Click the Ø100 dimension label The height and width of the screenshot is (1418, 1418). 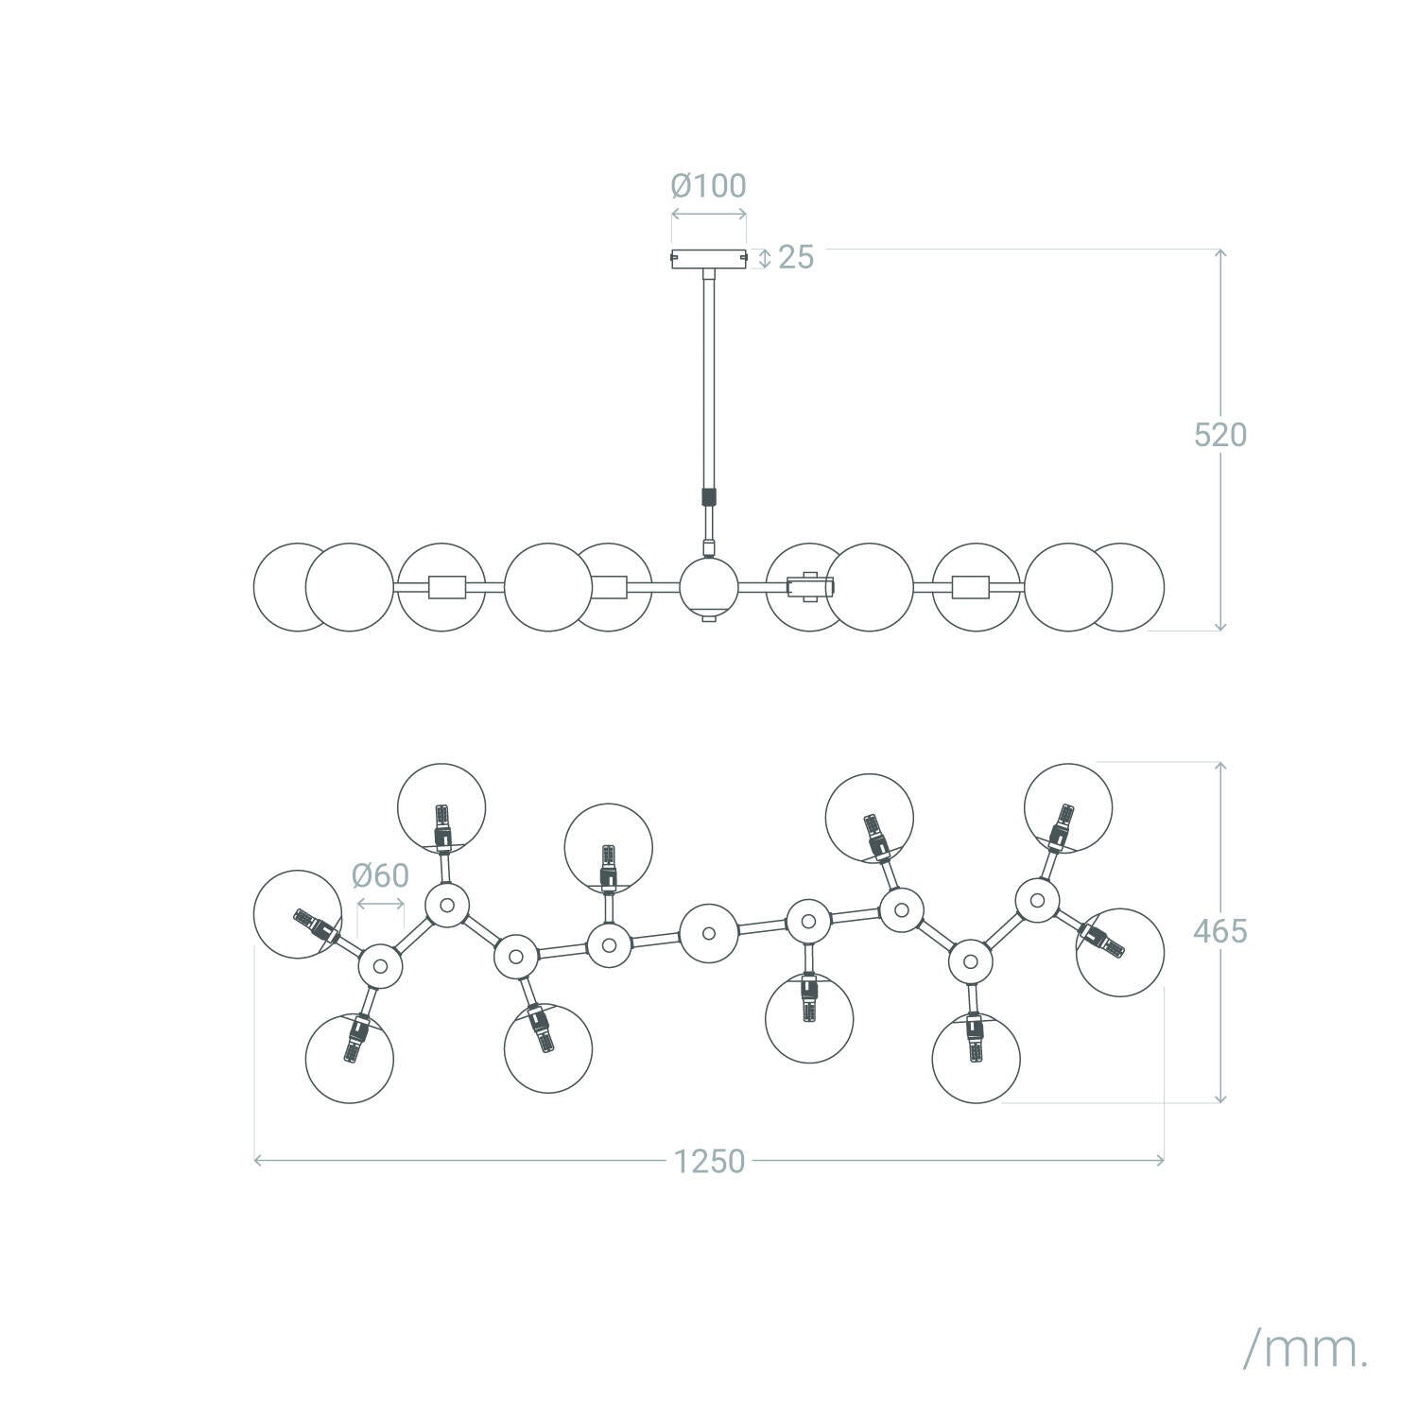pos(709,185)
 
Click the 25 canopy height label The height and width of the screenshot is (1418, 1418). pos(796,257)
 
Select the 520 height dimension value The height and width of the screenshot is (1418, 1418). pos(1220,435)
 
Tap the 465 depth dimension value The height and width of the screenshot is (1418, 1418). pos(1220,931)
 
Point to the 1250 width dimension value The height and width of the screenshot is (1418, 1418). pos(710,1161)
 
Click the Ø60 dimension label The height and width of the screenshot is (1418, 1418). pos(381,875)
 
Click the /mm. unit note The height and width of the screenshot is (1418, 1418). pos(1306,1324)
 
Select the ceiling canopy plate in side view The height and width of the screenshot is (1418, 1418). pos(709,258)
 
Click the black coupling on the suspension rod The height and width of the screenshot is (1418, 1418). pos(709,497)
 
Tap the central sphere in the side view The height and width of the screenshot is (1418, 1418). pos(709,587)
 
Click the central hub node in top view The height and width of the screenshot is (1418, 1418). pos(709,934)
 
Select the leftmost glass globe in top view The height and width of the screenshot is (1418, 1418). pos(298,914)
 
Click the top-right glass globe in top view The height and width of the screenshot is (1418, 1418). pos(1068,807)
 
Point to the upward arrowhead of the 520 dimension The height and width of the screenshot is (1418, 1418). pos(1220,254)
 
